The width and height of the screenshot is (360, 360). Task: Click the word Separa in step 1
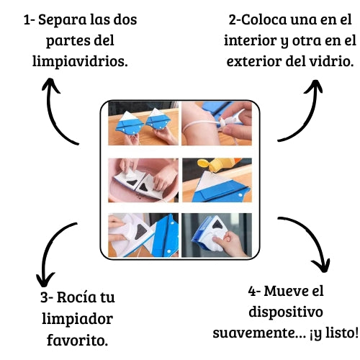pyautogui.click(x=62, y=20)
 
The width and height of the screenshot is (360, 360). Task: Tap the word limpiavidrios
pyautogui.click(x=80, y=61)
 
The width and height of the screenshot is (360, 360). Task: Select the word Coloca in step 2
pyautogui.click(x=264, y=19)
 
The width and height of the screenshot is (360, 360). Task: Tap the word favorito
pyautogui.click(x=77, y=340)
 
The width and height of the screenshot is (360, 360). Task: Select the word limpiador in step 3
pyautogui.click(x=77, y=319)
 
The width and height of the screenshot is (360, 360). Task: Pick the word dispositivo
pyautogui.click(x=286, y=312)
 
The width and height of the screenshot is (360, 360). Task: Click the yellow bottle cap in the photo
pyautogui.click(x=205, y=163)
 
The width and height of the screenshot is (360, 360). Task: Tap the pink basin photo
pyautogui.click(x=143, y=180)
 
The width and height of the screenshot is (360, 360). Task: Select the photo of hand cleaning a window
pyautogui.click(x=217, y=235)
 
